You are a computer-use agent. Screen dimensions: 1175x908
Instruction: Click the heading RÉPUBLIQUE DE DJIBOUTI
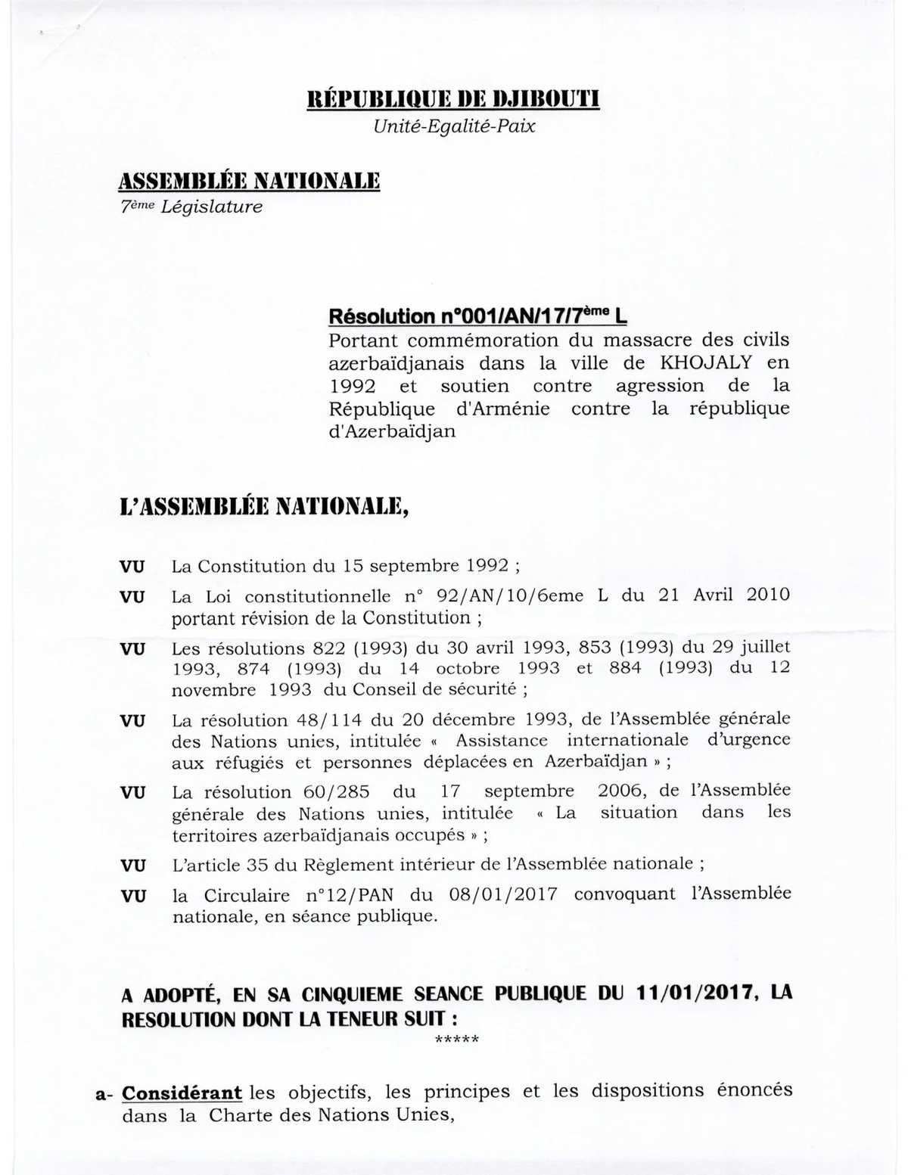(453, 100)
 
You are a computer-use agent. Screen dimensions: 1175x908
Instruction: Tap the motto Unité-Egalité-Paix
(454, 126)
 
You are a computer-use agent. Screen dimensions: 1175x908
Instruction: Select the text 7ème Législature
(192, 207)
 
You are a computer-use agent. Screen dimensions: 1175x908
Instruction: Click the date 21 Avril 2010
(724, 595)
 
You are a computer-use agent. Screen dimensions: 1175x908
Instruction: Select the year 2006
(620, 791)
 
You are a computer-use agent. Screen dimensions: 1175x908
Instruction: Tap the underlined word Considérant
(182, 1093)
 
